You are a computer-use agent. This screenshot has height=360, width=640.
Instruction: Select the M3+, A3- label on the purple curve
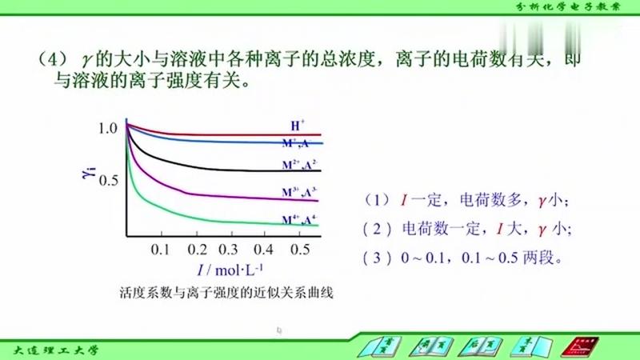298,192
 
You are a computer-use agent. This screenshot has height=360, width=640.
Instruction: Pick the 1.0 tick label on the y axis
107,127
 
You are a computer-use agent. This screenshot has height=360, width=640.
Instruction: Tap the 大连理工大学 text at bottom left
56,349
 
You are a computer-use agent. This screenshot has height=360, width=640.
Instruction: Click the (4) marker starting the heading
50,59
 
